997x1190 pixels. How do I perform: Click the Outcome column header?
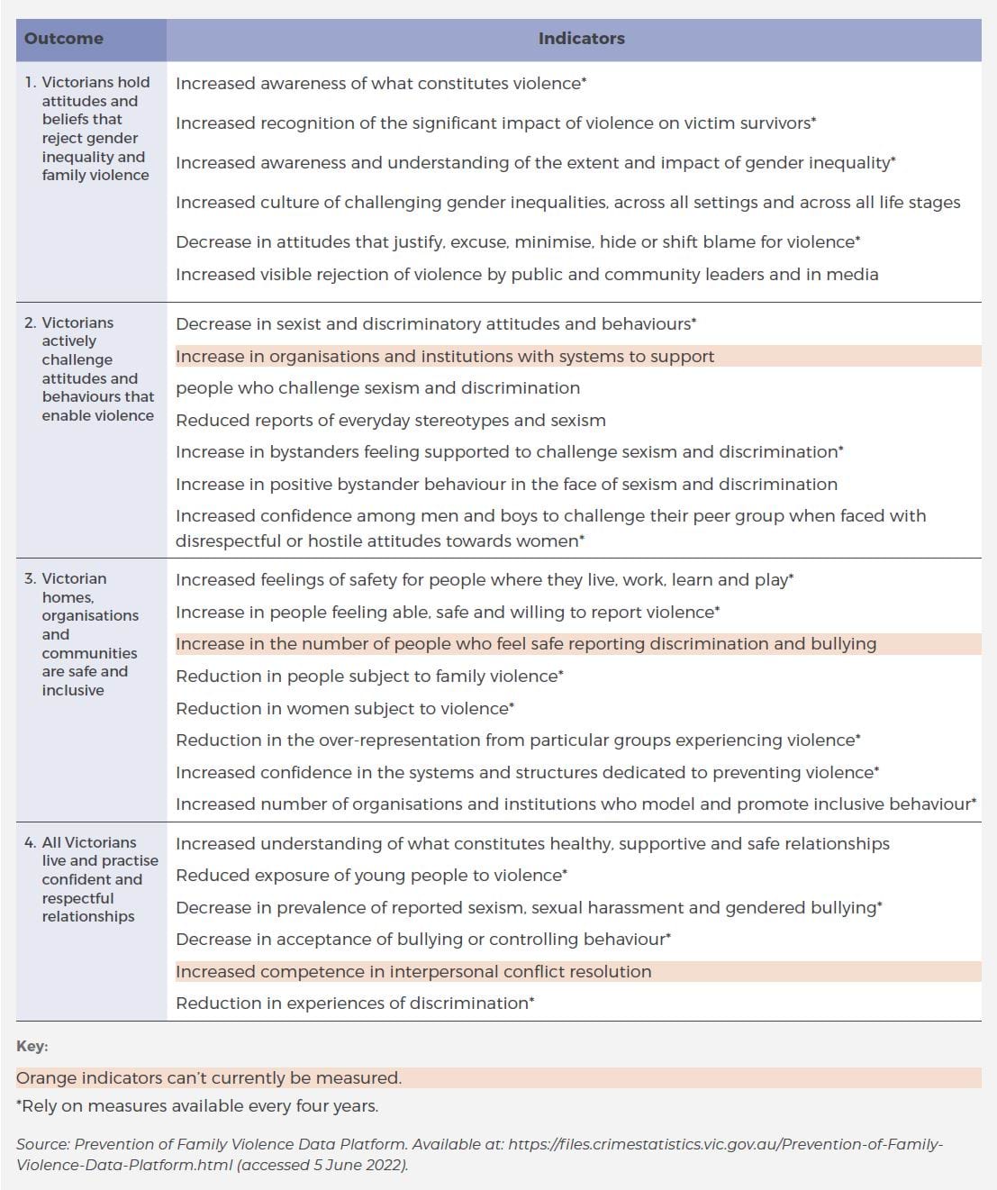[64, 39]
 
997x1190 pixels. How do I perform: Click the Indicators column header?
[581, 39]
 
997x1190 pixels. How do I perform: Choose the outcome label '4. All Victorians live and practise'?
[91, 879]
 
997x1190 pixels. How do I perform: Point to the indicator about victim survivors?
[495, 123]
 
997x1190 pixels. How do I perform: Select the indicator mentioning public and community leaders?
[527, 275]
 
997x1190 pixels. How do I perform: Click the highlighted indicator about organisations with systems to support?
[445, 357]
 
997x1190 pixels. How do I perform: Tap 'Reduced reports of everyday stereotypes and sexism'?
[391, 421]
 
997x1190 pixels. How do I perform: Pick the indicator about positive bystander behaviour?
[506, 485]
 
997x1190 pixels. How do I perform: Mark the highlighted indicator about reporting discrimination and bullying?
[526, 644]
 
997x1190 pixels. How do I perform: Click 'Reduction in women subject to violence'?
[345, 709]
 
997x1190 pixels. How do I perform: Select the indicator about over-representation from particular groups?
[518, 740]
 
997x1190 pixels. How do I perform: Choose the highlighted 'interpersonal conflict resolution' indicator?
[413, 972]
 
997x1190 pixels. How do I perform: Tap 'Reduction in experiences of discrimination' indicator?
[355, 1004]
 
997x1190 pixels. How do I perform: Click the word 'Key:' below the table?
[32, 1047]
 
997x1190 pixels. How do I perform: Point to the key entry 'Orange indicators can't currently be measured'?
[209, 1078]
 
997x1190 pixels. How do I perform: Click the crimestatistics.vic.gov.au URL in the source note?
[725, 1145]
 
